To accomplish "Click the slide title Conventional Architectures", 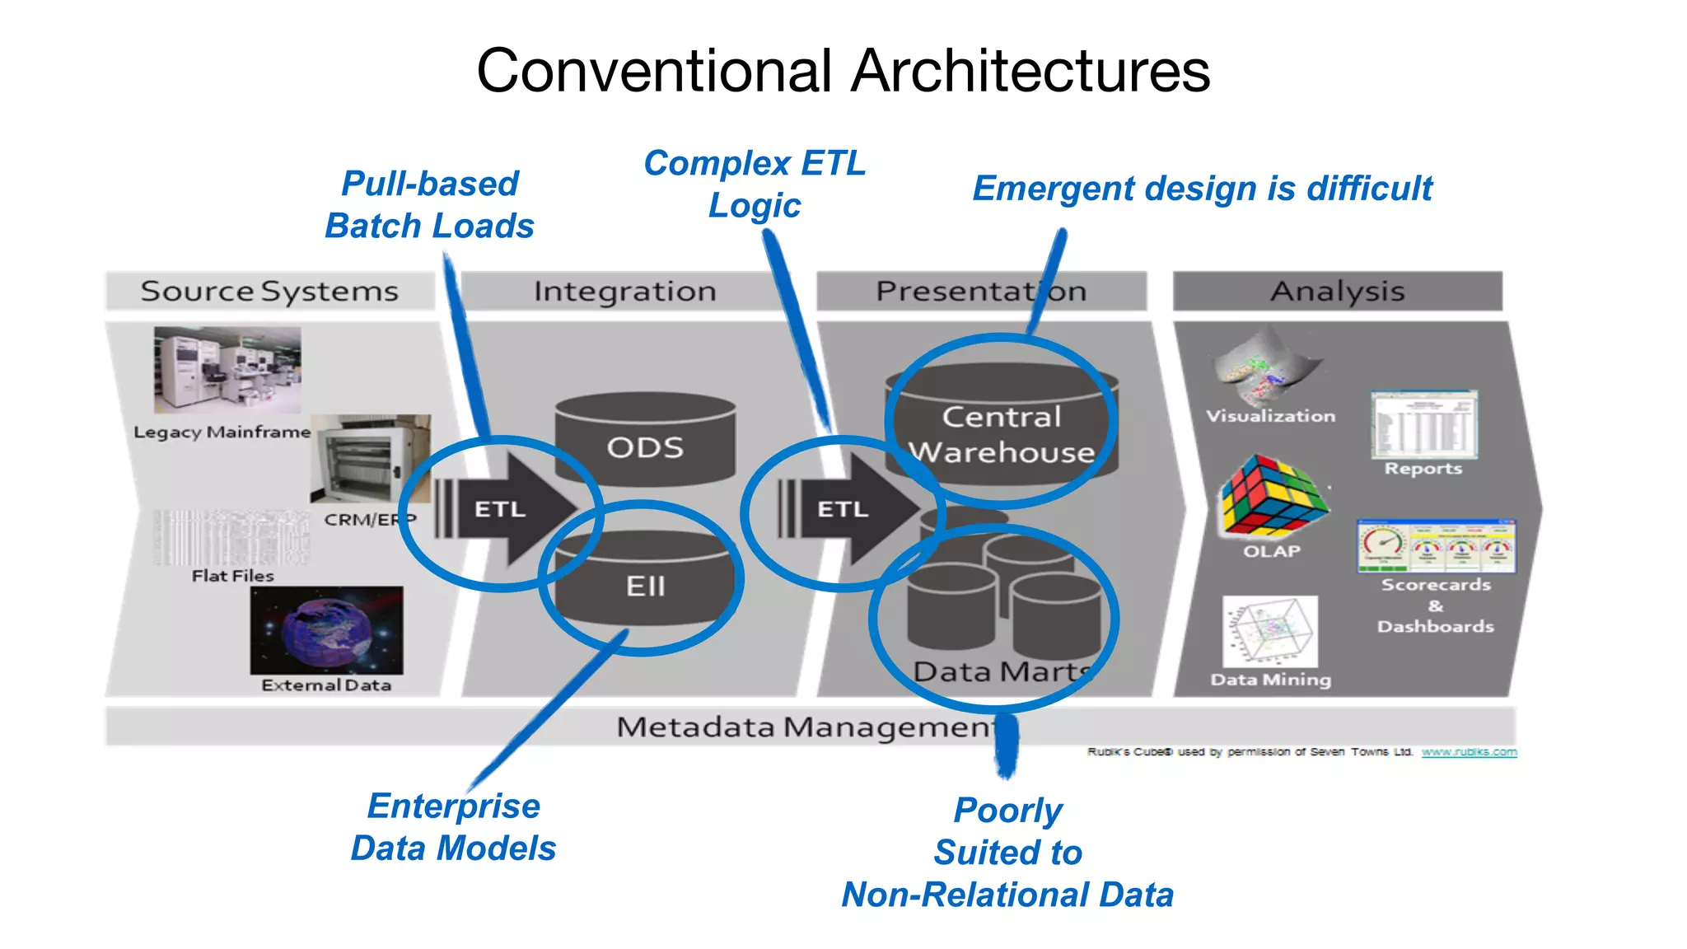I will (x=843, y=71).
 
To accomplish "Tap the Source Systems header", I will (x=269, y=291).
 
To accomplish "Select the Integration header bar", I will (x=624, y=291).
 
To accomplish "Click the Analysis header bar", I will (x=1337, y=291).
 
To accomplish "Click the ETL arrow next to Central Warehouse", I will (x=848, y=509).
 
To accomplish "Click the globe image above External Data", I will (x=327, y=630).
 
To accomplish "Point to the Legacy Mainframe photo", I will (x=227, y=370).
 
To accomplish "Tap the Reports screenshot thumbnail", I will (x=1423, y=424).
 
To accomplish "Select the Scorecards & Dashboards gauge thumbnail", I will (x=1436, y=546).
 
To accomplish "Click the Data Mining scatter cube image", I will (x=1270, y=632).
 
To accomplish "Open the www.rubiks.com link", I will (x=1469, y=752).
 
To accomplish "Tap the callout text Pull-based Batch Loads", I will (x=429, y=204).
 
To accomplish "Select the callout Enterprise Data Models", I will (x=453, y=827).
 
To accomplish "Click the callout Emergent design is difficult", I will (x=1202, y=189).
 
